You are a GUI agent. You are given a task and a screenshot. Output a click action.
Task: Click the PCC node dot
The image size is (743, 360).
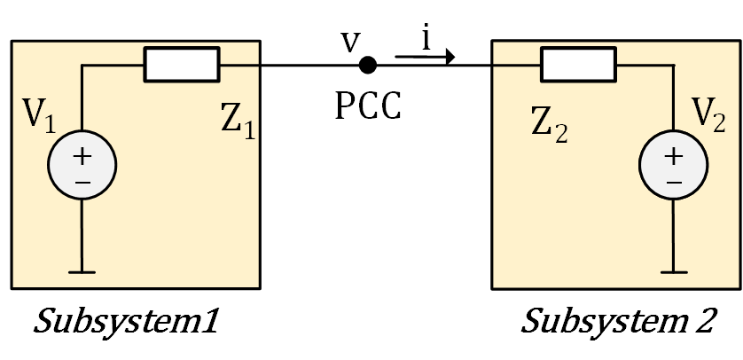(366, 65)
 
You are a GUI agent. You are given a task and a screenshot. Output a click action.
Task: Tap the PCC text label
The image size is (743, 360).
(368, 106)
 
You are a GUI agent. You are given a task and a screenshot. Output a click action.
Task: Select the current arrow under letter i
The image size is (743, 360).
(425, 59)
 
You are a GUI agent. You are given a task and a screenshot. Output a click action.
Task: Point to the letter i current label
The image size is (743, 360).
(426, 40)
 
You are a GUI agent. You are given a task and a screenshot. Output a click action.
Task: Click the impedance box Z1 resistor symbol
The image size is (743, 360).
(182, 65)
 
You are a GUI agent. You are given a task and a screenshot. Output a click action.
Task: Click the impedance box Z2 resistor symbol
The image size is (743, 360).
(578, 65)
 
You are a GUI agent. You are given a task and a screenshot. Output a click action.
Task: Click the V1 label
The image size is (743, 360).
(39, 116)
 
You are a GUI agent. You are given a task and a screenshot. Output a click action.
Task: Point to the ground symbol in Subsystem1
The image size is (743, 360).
(82, 271)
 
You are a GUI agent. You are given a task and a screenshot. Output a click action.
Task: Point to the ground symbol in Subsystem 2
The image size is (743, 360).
(674, 271)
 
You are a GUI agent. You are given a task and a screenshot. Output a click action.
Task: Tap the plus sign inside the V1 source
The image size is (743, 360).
(82, 156)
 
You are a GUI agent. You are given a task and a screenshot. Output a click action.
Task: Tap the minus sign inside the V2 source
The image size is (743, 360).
(674, 182)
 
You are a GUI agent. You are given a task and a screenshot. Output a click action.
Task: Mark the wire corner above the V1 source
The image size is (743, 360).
(82, 65)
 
